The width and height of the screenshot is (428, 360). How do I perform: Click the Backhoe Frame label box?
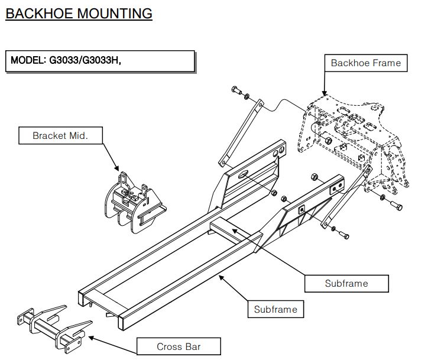[x=365, y=63]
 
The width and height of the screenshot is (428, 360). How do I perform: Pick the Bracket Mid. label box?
[x=60, y=135]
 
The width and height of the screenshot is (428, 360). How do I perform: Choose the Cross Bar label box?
[x=178, y=346]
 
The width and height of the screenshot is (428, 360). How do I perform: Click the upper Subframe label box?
[x=346, y=283]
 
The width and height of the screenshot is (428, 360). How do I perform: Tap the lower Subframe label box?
[x=275, y=309]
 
